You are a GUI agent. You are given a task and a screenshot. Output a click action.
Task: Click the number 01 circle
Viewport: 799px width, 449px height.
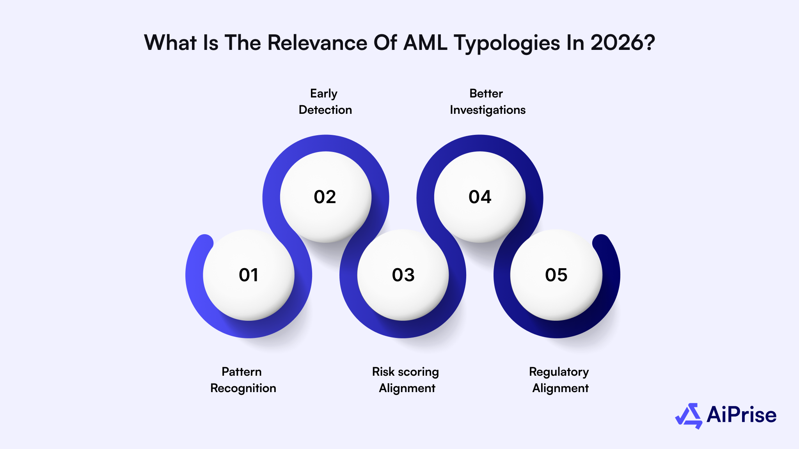pos(249,275)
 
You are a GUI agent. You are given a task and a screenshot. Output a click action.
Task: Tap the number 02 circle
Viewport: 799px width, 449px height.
pos(325,197)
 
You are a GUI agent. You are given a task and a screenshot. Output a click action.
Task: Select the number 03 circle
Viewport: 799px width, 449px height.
pos(403,275)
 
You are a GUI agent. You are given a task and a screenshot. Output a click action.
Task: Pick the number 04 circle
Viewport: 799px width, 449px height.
pos(480,197)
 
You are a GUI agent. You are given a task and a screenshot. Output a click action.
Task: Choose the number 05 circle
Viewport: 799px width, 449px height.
pos(556,275)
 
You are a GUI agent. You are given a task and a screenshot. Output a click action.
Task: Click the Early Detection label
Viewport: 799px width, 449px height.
pos(325,102)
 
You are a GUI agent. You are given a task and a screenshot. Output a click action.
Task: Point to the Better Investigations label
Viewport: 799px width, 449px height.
pos(487,102)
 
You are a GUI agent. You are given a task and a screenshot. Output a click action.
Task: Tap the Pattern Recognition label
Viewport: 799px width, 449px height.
pos(243,380)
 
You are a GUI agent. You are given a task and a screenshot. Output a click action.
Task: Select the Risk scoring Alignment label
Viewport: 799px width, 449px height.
pos(406,380)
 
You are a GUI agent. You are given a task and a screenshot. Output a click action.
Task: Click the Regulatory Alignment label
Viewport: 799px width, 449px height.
pos(559,380)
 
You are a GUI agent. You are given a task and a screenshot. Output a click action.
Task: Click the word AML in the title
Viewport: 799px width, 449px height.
pos(425,43)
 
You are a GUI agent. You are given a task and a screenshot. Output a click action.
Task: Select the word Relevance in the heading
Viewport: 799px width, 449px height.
pos(317,43)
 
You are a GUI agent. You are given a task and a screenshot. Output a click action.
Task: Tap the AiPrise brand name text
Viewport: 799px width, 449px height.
pos(741,415)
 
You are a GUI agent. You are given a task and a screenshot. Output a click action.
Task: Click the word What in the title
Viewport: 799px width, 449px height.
pos(170,43)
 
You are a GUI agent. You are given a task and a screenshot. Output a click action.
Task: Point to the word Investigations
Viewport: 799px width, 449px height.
pos(487,110)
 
